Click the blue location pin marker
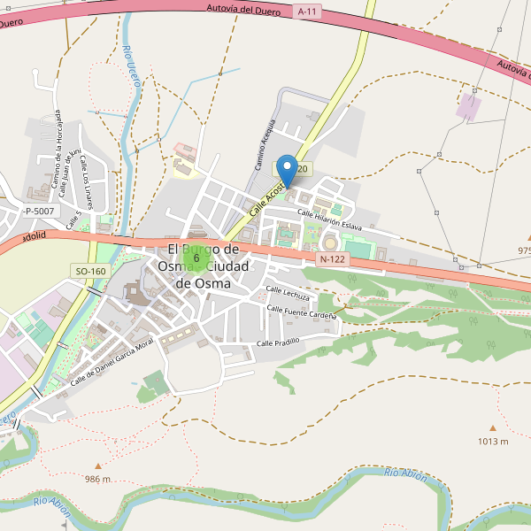pos(287,168)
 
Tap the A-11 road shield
pos(307,12)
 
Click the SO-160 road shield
pos(90,271)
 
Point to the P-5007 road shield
pos(40,211)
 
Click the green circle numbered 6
pos(196,258)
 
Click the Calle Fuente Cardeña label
pos(302,312)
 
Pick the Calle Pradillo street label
pos(279,342)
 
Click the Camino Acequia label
pos(266,145)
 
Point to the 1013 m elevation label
pos(493,441)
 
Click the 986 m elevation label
pos(97,479)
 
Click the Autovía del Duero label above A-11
pos(242,10)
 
